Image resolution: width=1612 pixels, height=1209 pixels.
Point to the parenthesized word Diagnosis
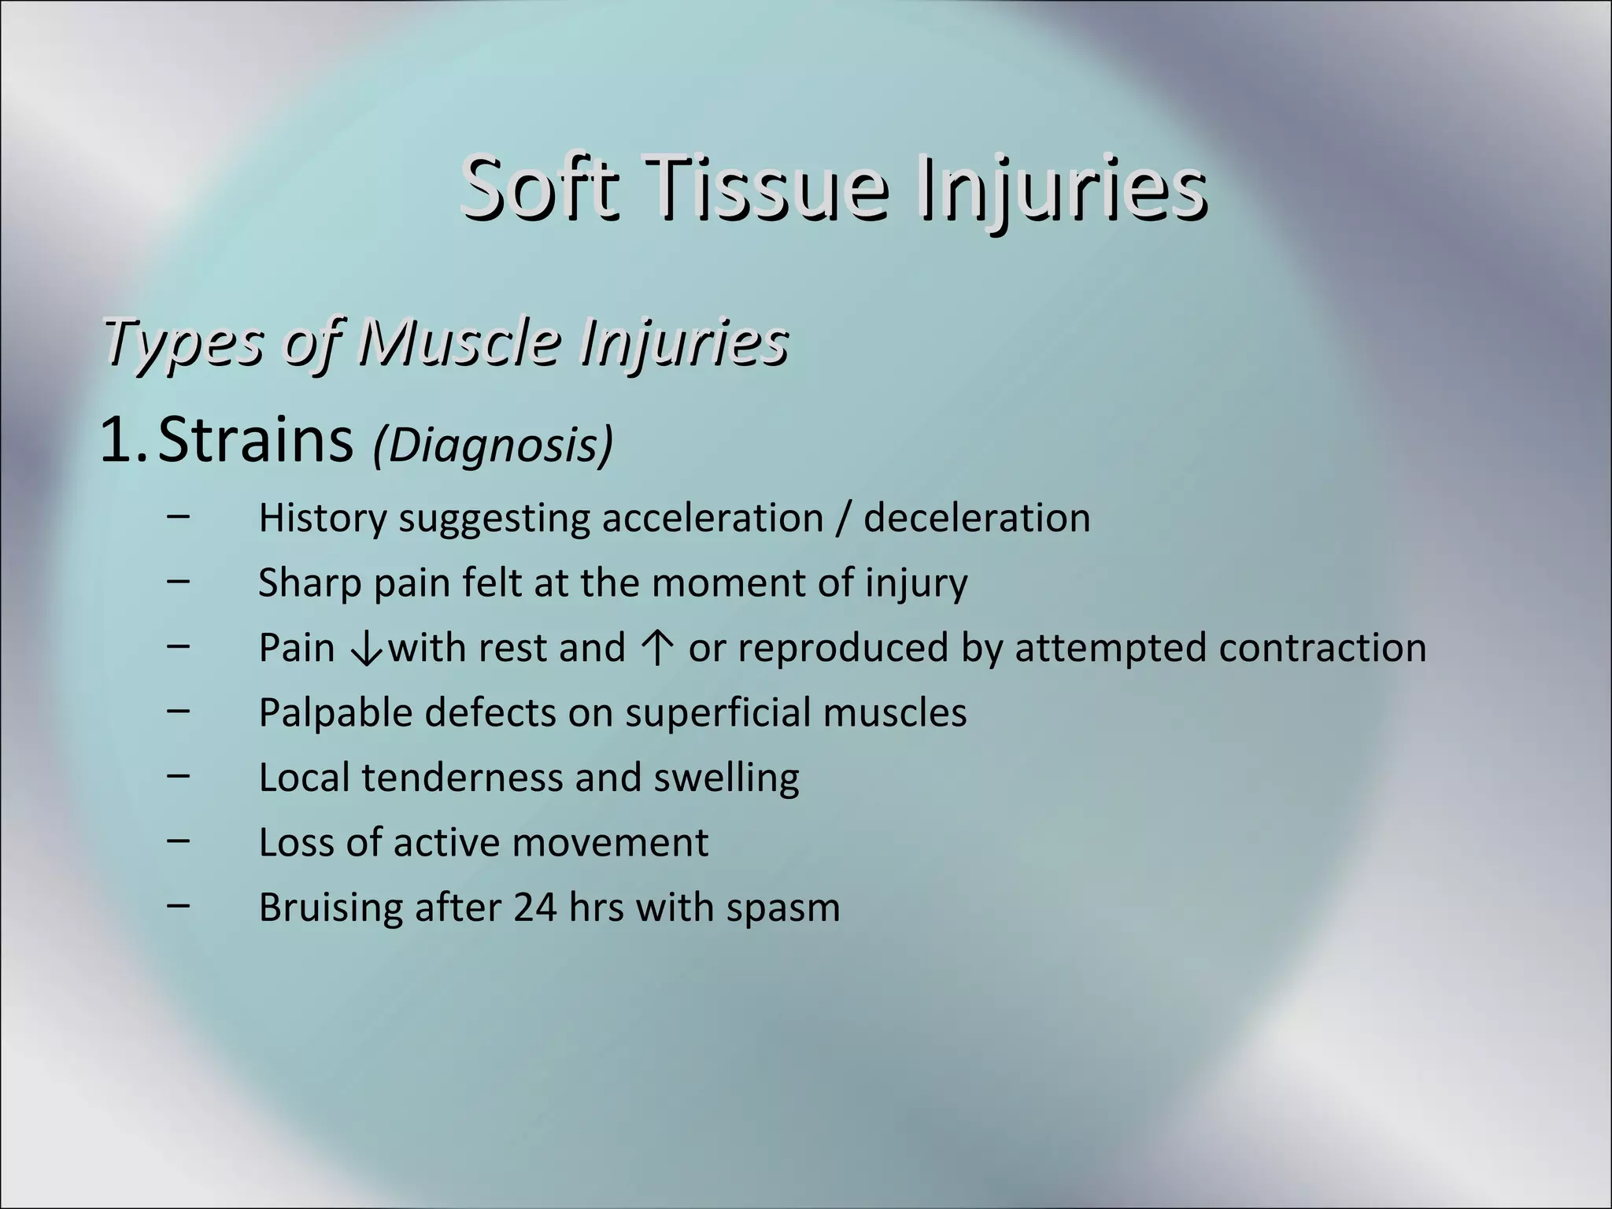click(x=493, y=446)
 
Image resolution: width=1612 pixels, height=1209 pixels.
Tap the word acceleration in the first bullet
click(x=712, y=519)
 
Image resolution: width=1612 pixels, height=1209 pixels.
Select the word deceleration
click(x=977, y=519)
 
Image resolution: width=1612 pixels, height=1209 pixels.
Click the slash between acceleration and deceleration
click(x=844, y=519)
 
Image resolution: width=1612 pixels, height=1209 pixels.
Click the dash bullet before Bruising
click(x=179, y=904)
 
